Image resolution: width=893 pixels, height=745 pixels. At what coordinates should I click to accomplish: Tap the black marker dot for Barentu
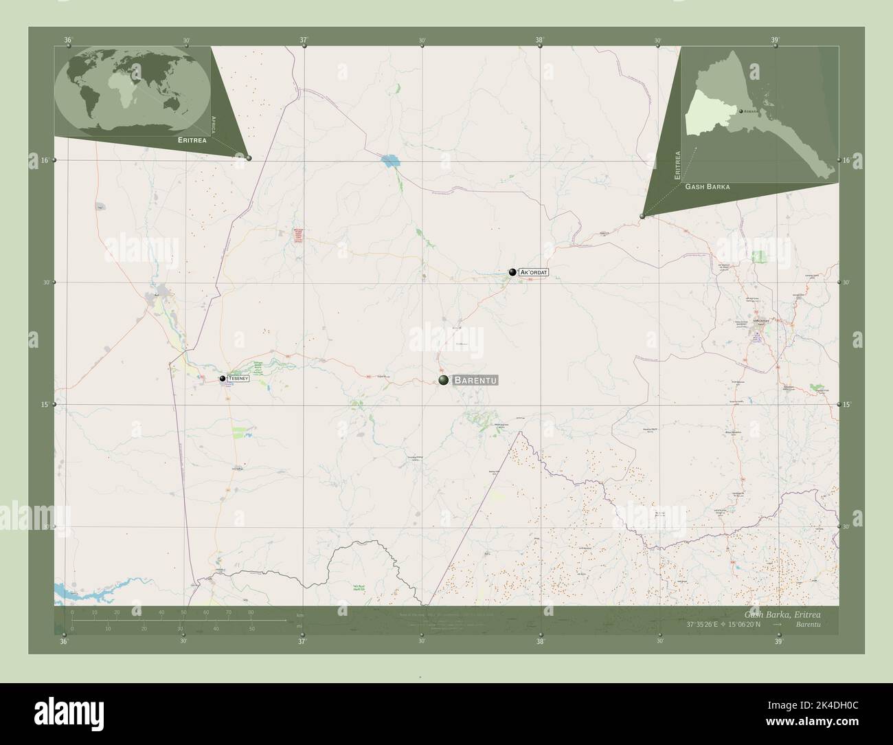click(444, 380)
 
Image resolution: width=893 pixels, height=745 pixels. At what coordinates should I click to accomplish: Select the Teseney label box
click(238, 379)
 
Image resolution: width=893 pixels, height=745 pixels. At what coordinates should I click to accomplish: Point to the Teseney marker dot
click(223, 379)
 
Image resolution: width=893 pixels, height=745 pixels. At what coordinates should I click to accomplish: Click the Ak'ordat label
click(534, 273)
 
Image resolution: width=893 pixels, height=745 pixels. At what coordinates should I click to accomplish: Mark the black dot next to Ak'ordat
click(512, 272)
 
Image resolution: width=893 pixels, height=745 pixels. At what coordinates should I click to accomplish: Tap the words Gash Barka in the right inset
click(707, 187)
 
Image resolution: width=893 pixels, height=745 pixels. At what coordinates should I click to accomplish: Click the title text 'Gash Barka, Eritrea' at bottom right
click(782, 613)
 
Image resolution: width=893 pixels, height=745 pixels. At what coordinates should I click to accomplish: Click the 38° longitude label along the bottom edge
click(541, 642)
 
